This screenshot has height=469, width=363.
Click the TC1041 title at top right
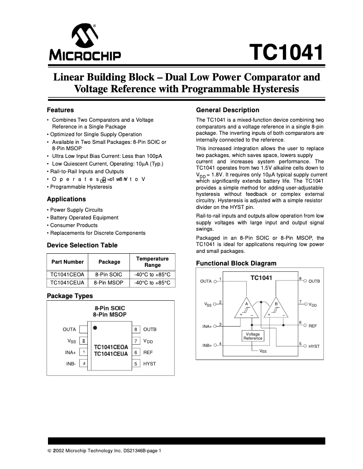click(287, 53)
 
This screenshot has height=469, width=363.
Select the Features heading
click(60, 110)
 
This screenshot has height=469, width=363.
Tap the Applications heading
click(66, 199)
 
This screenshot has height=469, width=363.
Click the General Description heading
click(227, 110)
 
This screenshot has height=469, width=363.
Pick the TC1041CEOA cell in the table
click(67, 275)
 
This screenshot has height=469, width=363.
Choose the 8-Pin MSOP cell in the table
click(109, 283)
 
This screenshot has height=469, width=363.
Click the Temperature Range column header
click(152, 262)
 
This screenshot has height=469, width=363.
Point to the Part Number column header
click(67, 262)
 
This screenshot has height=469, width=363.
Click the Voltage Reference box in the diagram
click(253, 336)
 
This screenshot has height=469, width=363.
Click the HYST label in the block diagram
click(314, 346)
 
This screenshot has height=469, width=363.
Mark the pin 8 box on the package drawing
click(135, 330)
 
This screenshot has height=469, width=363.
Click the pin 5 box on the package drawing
click(135, 364)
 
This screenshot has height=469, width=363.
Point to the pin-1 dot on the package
click(95, 327)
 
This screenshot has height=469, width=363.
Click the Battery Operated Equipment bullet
click(84, 218)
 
